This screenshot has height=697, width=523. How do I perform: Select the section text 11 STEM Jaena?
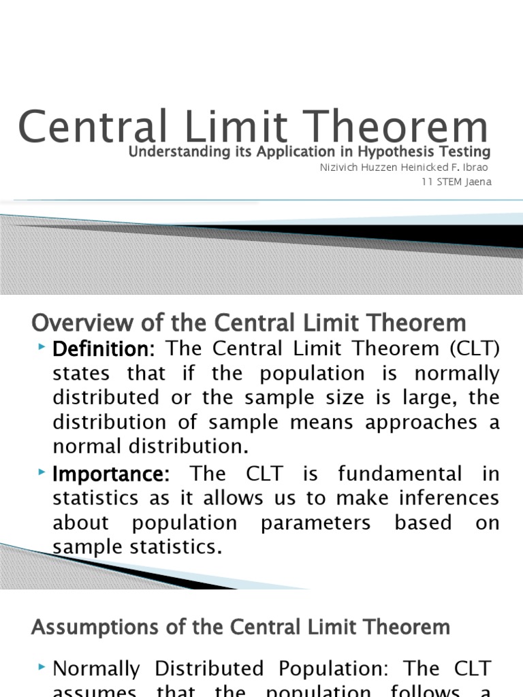(456, 182)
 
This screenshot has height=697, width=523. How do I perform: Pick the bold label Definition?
(104, 349)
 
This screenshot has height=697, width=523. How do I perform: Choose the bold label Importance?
(111, 473)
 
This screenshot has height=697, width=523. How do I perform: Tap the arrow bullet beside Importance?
(43, 472)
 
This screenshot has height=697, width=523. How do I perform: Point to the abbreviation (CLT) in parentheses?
(473, 349)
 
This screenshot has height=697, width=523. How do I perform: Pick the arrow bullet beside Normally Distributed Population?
(43, 667)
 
